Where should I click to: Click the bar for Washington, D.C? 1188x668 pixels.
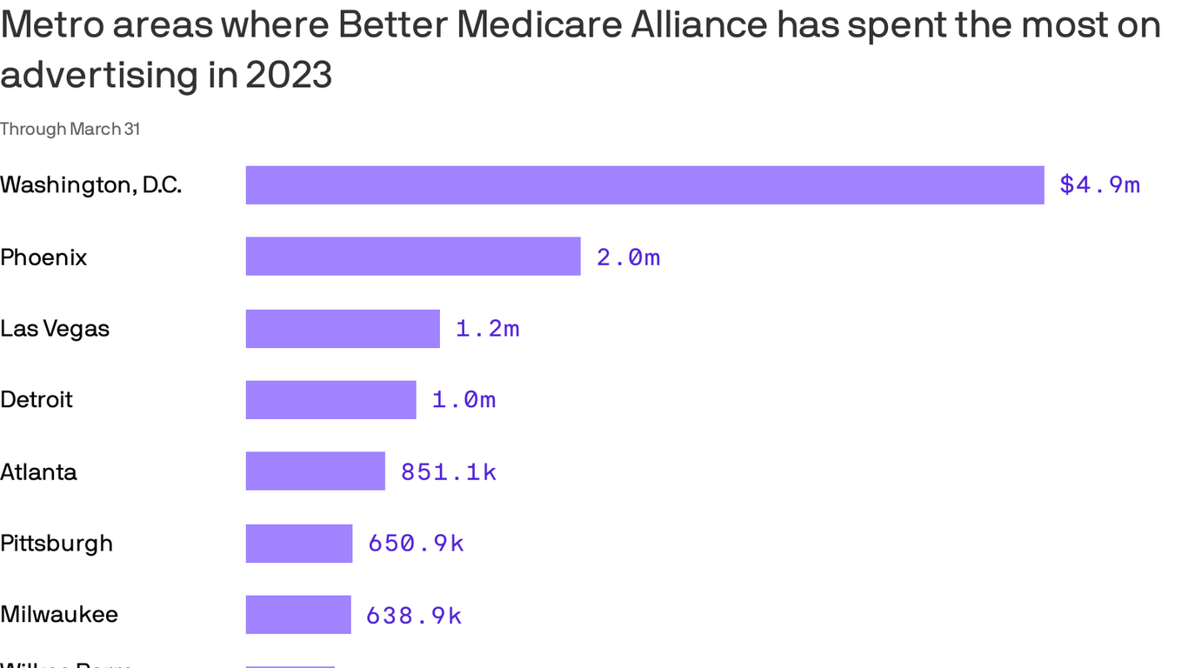click(644, 185)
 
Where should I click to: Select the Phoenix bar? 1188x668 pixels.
click(413, 257)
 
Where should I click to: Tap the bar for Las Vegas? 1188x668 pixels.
click(343, 329)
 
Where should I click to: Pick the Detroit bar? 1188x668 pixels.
click(330, 400)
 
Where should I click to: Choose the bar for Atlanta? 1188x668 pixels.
click(315, 471)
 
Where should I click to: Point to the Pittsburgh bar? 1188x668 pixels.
click(299, 544)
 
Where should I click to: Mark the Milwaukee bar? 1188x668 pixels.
click(298, 615)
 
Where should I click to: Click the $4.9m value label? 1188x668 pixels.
click(1099, 185)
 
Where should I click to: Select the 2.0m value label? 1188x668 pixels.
click(628, 257)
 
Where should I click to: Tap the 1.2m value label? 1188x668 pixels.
click(487, 329)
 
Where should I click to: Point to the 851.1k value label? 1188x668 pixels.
click(448, 472)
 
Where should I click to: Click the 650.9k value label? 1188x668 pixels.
click(416, 544)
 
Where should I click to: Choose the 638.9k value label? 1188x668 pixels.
click(413, 616)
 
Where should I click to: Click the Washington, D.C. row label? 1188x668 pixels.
click(90, 185)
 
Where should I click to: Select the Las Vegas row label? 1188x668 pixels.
click(55, 329)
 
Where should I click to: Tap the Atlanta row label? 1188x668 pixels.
click(38, 472)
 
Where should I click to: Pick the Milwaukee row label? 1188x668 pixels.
click(59, 615)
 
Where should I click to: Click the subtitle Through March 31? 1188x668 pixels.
click(70, 129)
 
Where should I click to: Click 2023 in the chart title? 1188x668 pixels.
click(289, 75)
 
